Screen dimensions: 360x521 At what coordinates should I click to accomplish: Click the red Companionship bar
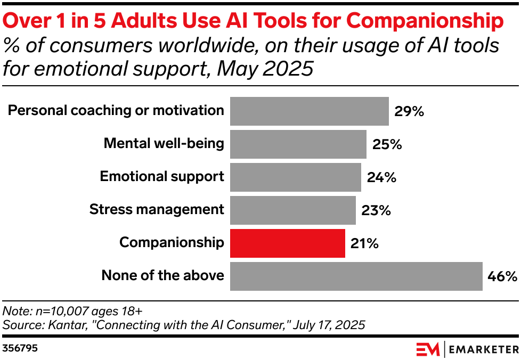tap(288, 243)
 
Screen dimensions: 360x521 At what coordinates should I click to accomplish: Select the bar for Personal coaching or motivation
tap(309, 111)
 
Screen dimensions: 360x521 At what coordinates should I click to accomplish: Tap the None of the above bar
tap(356, 276)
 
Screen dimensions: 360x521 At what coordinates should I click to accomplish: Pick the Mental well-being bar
tap(298, 144)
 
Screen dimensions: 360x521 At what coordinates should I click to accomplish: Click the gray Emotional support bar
tap(295, 177)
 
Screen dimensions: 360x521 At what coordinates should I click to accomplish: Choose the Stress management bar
tap(292, 210)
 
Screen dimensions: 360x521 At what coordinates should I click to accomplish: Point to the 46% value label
tap(502, 276)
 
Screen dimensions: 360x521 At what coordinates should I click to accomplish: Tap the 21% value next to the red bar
tap(364, 243)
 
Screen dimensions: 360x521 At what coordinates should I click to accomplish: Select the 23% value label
tap(376, 210)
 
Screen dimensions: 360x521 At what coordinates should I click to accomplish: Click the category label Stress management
tap(157, 209)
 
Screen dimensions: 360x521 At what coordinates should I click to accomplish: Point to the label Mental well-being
tap(164, 143)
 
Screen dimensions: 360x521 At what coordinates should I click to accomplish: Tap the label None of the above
tap(162, 275)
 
